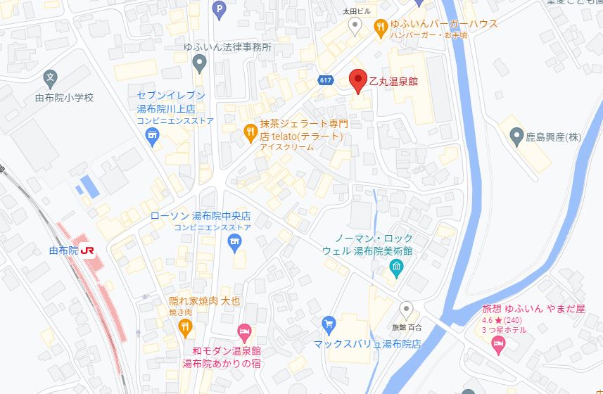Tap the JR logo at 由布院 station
[x=89, y=250]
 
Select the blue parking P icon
[x=220, y=9]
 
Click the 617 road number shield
[x=324, y=80]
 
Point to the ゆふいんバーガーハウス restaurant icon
[x=381, y=26]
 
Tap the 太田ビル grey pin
[x=356, y=26]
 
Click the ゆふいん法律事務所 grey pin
[x=200, y=64]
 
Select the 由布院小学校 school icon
[x=50, y=77]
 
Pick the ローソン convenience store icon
[x=235, y=243]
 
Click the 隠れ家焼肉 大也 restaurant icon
[x=184, y=325]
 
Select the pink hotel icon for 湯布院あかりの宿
[x=244, y=330]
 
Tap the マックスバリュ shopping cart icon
[x=328, y=324]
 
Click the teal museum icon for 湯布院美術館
[x=396, y=267]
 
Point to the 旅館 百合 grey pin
[x=406, y=308]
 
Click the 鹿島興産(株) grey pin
[x=516, y=136]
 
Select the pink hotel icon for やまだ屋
[x=497, y=345]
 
